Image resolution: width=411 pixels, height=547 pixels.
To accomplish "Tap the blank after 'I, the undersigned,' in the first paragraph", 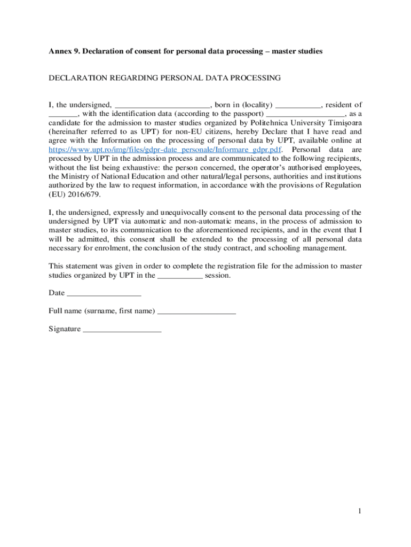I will pyautogui.click(x=163, y=105).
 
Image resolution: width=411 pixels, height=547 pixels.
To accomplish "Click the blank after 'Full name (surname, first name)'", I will pyautogui.click(x=197, y=311).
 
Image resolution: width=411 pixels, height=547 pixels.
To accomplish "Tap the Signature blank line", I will pyautogui.click(x=122, y=330).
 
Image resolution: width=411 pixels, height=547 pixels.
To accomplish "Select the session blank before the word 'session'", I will pyautogui.click(x=180, y=276).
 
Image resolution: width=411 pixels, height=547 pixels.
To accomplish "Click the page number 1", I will pyautogui.click(x=360, y=512).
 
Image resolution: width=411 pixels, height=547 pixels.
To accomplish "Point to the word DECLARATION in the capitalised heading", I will pyautogui.click(x=77, y=78).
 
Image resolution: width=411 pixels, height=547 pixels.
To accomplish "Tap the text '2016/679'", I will pyautogui.click(x=83, y=195).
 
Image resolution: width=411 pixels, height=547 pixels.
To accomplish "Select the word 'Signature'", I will pyautogui.click(x=65, y=329).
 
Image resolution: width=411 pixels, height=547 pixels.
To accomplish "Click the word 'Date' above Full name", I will pyautogui.click(x=57, y=293).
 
